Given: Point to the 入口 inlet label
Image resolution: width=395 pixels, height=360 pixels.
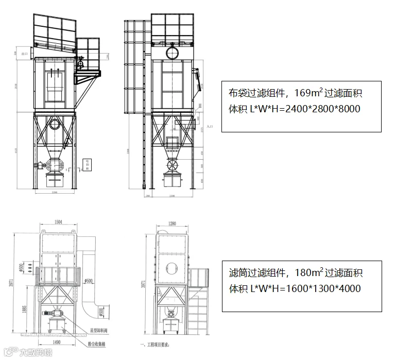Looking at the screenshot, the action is tap(209, 125).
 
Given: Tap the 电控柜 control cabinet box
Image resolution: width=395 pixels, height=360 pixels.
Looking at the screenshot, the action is tap(88, 164).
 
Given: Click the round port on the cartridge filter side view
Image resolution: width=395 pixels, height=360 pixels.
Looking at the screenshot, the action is tap(171, 269).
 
